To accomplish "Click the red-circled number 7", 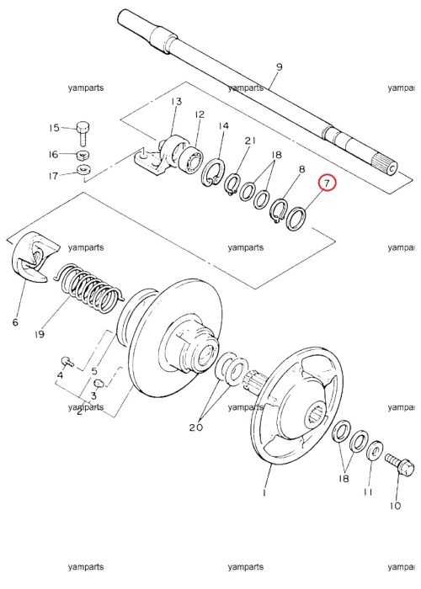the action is pyautogui.click(x=327, y=183).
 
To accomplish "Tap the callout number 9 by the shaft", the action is pyautogui.click(x=279, y=67).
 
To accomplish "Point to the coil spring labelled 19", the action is pyautogui.click(x=88, y=288).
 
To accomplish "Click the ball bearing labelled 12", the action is pyautogui.click(x=190, y=160).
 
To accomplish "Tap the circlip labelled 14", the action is pyautogui.click(x=213, y=172).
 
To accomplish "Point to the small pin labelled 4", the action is pyautogui.click(x=67, y=361).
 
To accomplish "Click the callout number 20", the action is pyautogui.click(x=196, y=427).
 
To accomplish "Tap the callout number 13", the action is pyautogui.click(x=176, y=102).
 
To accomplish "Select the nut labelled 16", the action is pyautogui.click(x=83, y=154).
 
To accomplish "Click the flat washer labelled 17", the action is pyautogui.click(x=83, y=170).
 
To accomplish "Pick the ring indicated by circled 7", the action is pyautogui.click(x=296, y=218).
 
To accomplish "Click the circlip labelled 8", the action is pyautogui.click(x=279, y=210).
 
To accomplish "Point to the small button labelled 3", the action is pyautogui.click(x=99, y=383).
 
